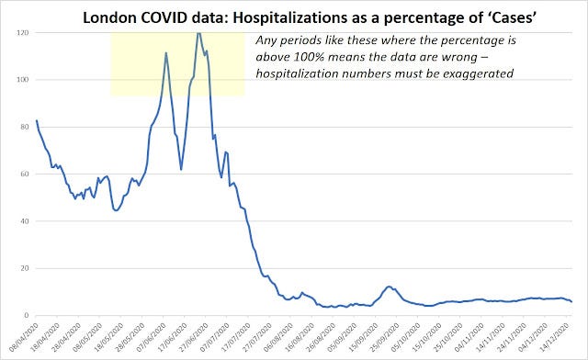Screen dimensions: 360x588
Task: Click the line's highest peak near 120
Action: click(198, 33)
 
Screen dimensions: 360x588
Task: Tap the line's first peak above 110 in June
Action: click(165, 52)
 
